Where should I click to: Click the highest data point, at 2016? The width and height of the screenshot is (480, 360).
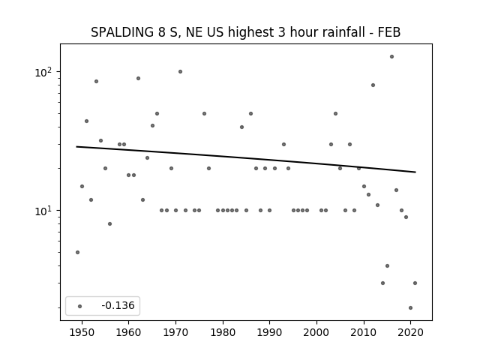coord(391,57)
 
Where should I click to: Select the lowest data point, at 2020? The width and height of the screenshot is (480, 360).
coord(410,308)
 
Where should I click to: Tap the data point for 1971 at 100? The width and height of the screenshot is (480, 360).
coord(180,72)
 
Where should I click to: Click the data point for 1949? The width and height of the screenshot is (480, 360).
coord(77,252)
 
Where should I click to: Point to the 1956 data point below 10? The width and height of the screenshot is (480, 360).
coord(110,223)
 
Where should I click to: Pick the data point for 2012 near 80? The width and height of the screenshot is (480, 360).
coord(373,85)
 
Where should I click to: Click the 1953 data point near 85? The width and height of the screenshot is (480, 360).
coord(96,82)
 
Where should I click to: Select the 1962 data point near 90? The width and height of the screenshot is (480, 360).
coord(138,78)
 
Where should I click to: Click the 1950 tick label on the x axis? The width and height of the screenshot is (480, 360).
coord(82,332)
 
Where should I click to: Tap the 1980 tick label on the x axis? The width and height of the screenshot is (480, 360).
coord(223,332)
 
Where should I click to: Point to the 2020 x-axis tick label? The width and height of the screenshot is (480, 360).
coord(410,332)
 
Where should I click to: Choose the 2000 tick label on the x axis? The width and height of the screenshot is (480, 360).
coord(316,332)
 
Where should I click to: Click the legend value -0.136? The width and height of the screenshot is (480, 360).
coord(118,305)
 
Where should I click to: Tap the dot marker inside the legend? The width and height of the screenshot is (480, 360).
coord(80,306)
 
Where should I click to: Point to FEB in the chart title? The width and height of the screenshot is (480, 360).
coord(389,32)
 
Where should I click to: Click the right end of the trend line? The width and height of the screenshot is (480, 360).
coord(415,172)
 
